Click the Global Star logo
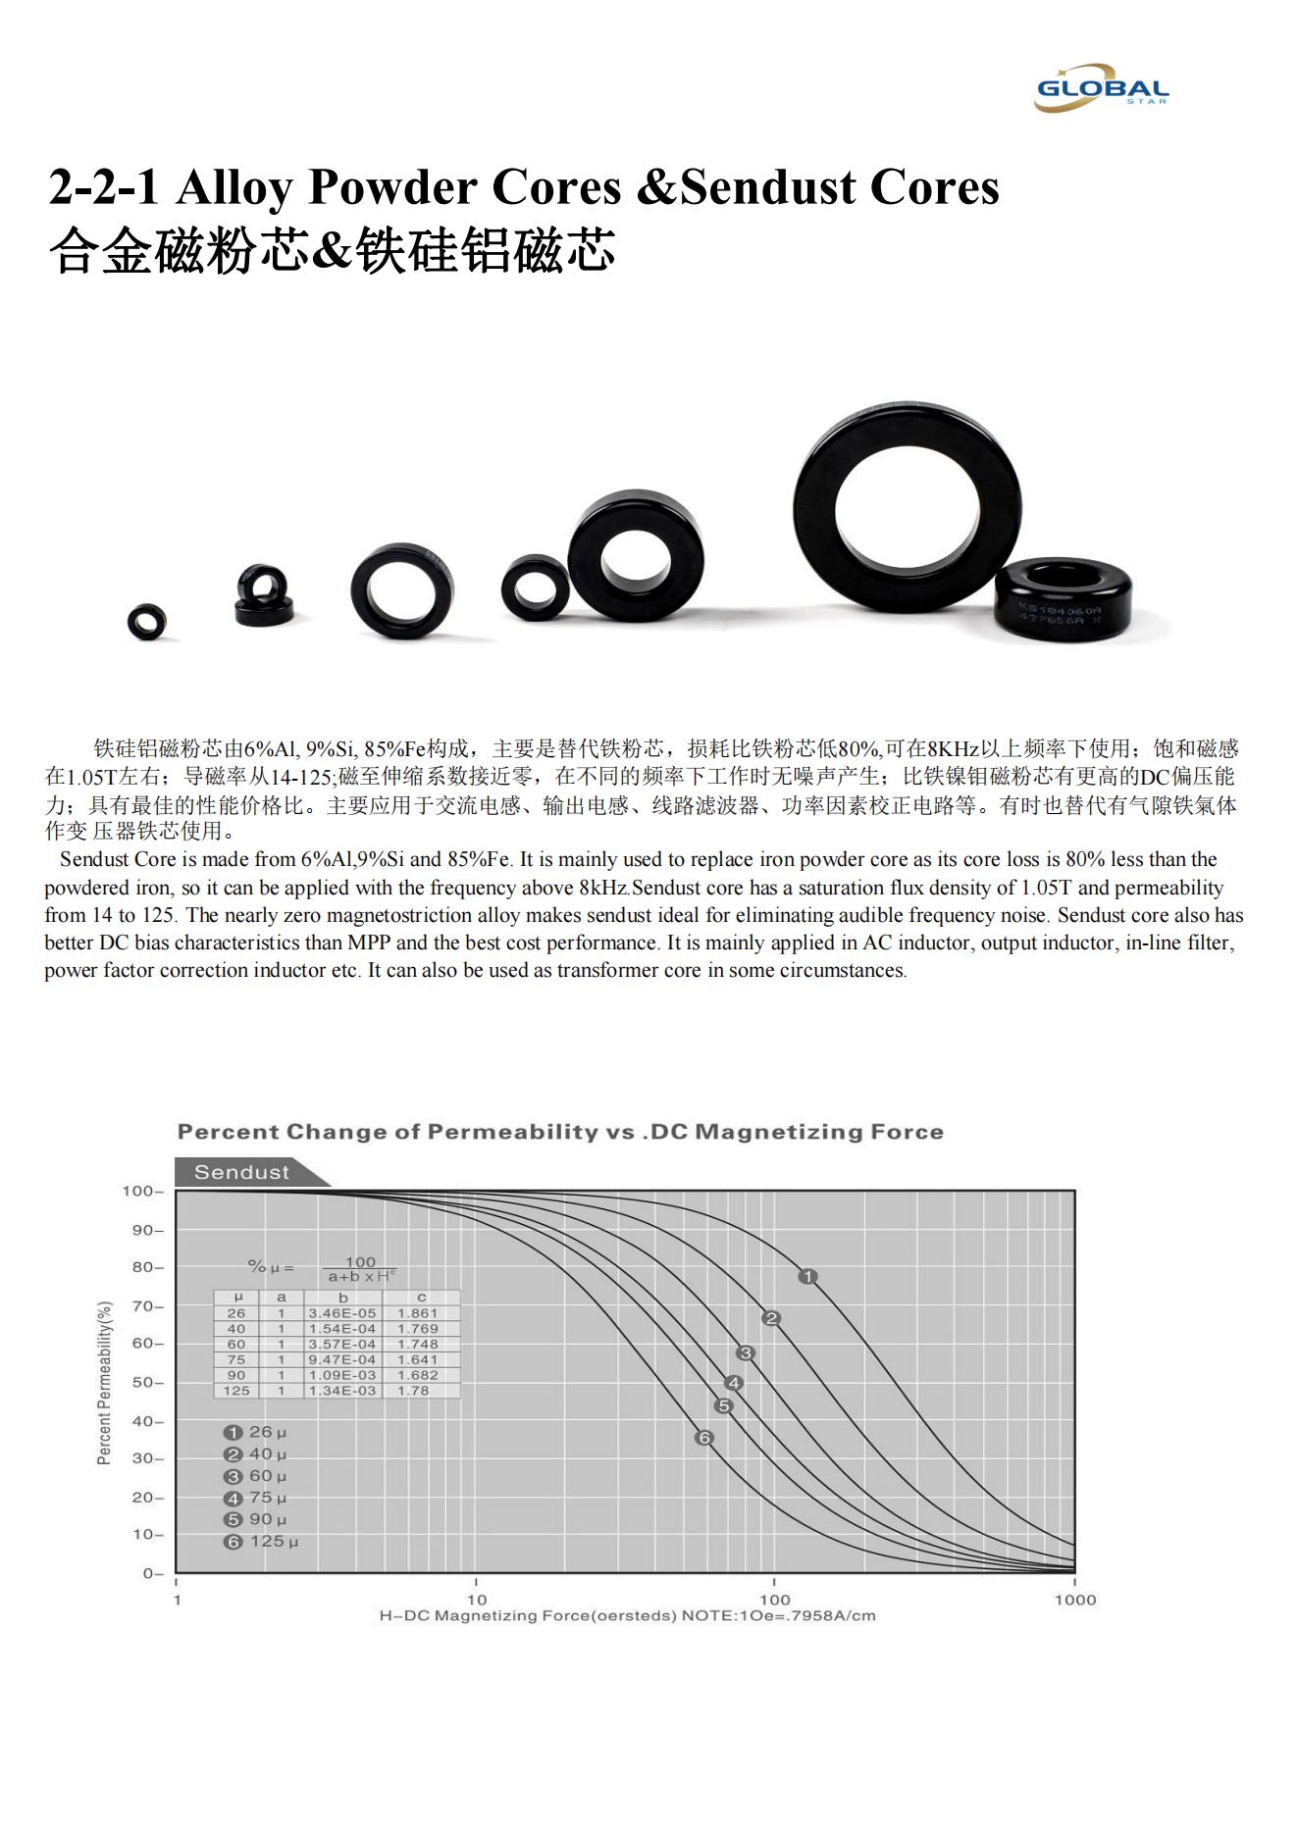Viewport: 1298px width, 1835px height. tap(1102, 88)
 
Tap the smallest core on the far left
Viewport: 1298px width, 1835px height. tap(147, 621)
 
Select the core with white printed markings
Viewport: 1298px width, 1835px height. tap(1063, 600)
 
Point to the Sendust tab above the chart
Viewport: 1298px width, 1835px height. tap(241, 1172)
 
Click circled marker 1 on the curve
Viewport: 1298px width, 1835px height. tap(807, 1276)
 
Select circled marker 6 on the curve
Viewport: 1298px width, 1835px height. tap(703, 1438)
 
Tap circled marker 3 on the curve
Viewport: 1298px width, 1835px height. tap(746, 1353)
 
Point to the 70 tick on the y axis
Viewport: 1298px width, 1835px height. tap(145, 1306)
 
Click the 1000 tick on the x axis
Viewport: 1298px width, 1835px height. tap(1074, 1600)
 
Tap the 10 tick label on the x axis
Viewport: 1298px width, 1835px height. tap(476, 1600)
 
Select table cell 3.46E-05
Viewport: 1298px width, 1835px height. tap(341, 1313)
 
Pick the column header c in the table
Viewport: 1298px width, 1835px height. tap(421, 1298)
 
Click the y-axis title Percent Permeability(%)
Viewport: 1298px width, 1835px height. tap(104, 1383)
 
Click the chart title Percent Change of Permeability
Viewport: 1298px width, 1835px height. tap(560, 1132)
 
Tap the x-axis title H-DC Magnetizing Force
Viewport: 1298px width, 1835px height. tap(627, 1615)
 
